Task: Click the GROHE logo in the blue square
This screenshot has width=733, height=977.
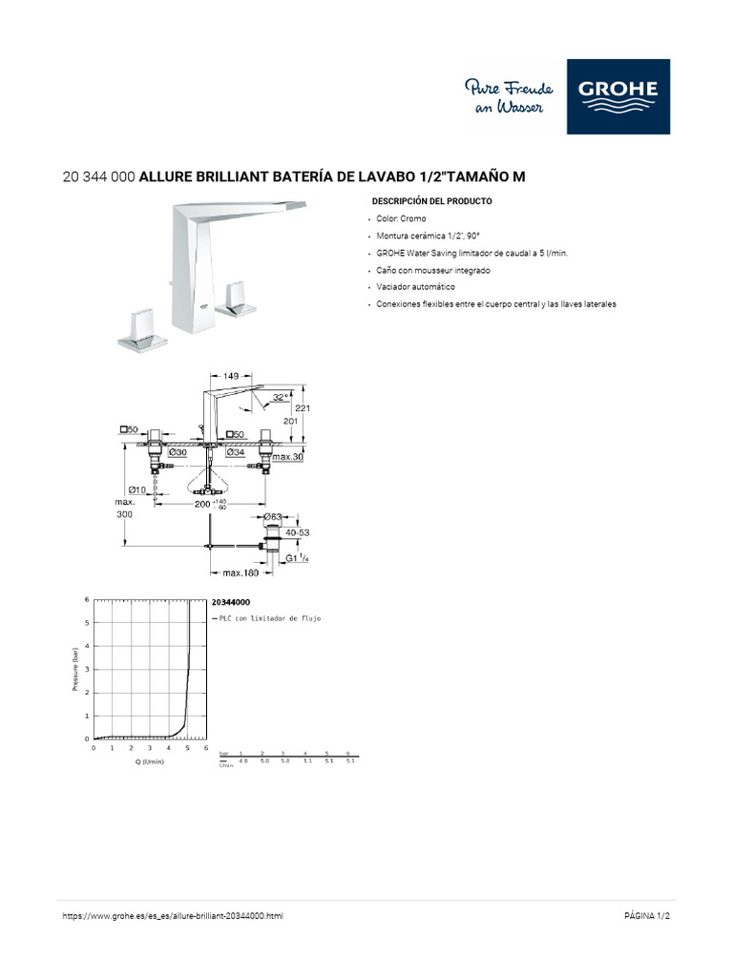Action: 618,96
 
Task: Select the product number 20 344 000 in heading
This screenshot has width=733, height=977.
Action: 98,177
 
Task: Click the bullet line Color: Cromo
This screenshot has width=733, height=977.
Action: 401,219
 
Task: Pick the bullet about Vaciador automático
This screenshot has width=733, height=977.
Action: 415,287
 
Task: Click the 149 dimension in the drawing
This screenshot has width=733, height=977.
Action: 231,377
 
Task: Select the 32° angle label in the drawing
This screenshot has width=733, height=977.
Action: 279,397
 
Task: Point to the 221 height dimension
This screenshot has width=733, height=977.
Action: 304,407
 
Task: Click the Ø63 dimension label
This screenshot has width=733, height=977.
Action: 274,516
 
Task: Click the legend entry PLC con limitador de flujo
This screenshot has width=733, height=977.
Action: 269,618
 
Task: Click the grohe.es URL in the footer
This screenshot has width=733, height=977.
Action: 173,916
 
